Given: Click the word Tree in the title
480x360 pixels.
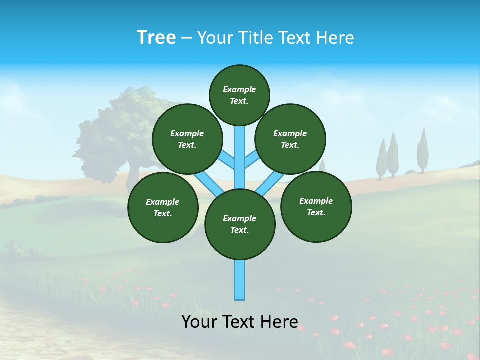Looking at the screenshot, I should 156,38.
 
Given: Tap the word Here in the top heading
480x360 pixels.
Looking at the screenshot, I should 335,38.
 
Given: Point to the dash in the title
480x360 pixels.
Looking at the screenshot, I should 186,38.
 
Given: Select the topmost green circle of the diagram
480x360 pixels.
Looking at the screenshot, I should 239,95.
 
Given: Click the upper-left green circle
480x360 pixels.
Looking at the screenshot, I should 187,139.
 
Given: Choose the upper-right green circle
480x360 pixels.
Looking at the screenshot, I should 290,139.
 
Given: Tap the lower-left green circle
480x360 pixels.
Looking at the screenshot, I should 163,207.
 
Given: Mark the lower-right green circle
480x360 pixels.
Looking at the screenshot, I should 316,206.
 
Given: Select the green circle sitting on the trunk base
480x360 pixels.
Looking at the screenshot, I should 240,224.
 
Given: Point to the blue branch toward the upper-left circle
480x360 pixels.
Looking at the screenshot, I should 227,161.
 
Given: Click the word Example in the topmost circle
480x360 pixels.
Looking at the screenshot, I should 239,89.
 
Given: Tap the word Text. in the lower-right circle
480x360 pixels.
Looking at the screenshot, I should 316,212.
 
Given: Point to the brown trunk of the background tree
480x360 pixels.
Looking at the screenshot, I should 132,177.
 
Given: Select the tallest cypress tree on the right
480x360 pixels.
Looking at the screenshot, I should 423,150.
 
